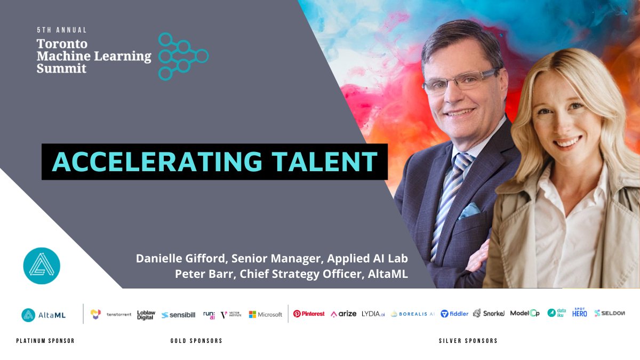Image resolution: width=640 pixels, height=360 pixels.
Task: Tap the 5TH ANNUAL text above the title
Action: point(62,30)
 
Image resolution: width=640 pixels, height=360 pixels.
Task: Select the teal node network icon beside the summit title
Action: point(182,57)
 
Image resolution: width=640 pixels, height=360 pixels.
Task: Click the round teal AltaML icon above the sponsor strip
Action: point(42,265)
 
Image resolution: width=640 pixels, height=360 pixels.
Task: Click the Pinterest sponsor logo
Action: point(309,314)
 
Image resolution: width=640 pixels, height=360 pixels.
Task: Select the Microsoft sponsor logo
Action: point(266,315)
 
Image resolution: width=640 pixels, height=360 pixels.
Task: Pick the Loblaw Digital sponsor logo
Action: point(146,315)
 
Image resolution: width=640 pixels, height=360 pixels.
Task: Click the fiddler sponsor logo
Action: point(454,314)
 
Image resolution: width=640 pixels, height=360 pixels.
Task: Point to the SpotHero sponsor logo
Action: point(580,313)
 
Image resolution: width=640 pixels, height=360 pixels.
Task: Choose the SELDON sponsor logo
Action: point(610,314)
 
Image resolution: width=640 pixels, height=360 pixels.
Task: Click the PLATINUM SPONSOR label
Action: point(45,341)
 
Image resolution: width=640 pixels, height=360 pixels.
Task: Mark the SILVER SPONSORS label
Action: point(468,341)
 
